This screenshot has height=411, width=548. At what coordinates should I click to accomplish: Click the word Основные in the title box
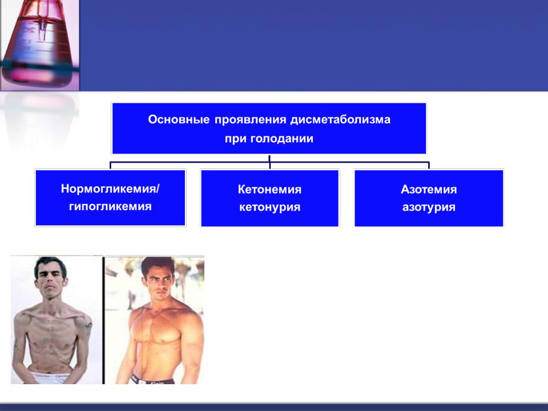179,119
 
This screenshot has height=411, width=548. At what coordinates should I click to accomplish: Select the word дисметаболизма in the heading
340,120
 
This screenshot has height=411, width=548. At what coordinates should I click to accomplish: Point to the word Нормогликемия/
110,189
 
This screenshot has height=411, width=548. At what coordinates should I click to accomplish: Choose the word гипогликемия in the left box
110,206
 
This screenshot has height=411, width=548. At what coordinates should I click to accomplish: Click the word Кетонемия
269,190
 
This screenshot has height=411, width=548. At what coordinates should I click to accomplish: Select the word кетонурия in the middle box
269,207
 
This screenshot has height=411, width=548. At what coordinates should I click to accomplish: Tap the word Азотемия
429,190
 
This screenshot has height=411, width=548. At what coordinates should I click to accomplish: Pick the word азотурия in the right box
429,207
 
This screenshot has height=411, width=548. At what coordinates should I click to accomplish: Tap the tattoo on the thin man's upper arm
88,329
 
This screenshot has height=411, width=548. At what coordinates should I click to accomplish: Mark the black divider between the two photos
104,320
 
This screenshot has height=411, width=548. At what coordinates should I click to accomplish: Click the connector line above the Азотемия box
429,166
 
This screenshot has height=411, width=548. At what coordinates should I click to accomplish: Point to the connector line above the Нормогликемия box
110,166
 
